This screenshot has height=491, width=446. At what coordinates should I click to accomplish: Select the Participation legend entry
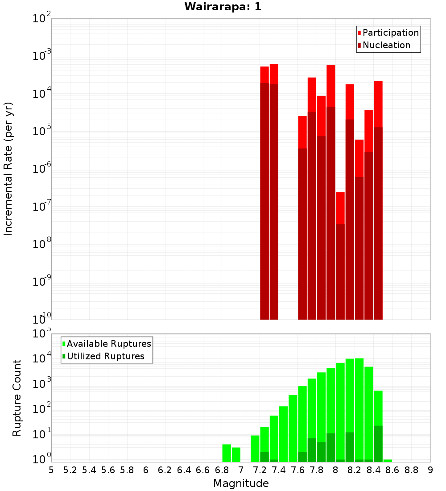pos(391,33)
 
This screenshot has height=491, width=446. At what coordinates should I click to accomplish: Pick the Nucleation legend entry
pos(386,45)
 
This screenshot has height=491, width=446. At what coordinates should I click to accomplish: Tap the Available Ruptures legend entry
pos(109,344)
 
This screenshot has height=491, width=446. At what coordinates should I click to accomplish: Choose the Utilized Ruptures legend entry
pos(105,356)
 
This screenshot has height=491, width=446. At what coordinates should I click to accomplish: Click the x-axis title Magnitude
pos(241,483)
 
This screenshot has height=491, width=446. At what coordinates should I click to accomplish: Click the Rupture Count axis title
pos(17,398)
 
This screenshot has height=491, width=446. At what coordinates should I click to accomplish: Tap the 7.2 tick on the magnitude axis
pos(260,470)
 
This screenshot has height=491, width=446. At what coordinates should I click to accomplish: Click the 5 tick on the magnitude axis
pos(51,470)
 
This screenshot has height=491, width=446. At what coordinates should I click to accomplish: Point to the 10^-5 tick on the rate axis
pos(41,131)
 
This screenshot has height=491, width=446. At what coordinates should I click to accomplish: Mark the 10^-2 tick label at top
pos(41,19)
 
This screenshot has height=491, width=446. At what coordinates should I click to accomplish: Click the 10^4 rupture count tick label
pos(41,358)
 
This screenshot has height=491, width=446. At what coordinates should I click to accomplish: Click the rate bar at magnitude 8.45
pos(378,201)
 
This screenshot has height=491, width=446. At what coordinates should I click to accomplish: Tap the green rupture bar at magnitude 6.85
pos(227,453)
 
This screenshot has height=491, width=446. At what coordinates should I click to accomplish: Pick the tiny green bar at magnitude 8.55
pos(388,461)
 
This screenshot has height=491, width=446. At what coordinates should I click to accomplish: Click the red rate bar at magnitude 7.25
pos(264,192)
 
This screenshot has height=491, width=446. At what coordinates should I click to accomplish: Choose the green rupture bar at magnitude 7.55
pos(293,429)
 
